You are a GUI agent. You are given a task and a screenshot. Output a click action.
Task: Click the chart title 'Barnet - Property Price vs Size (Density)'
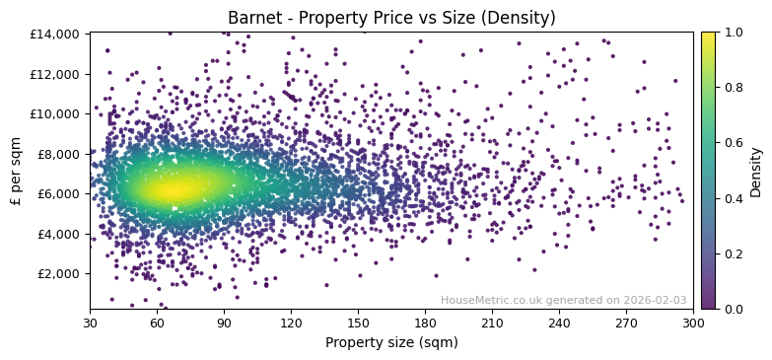391,18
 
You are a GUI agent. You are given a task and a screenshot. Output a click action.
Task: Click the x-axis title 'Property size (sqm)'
391,342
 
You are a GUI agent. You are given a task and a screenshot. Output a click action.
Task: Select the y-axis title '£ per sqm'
17,171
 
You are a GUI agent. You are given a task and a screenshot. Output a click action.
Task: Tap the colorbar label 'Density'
756,171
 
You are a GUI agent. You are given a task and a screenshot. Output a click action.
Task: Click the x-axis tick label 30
90,323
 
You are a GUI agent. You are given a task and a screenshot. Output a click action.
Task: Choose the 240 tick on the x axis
559,323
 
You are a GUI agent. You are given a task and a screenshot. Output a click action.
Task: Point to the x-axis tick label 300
693,323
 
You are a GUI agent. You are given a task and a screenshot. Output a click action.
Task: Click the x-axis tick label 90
224,323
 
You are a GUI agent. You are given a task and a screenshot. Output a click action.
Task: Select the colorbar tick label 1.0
735,33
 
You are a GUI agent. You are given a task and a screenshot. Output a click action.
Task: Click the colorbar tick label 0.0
735,309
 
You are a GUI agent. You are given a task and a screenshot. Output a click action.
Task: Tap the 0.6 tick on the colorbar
735,143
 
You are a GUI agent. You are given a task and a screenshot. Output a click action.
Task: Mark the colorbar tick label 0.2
735,253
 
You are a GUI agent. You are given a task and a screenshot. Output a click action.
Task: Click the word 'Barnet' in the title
251,18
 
